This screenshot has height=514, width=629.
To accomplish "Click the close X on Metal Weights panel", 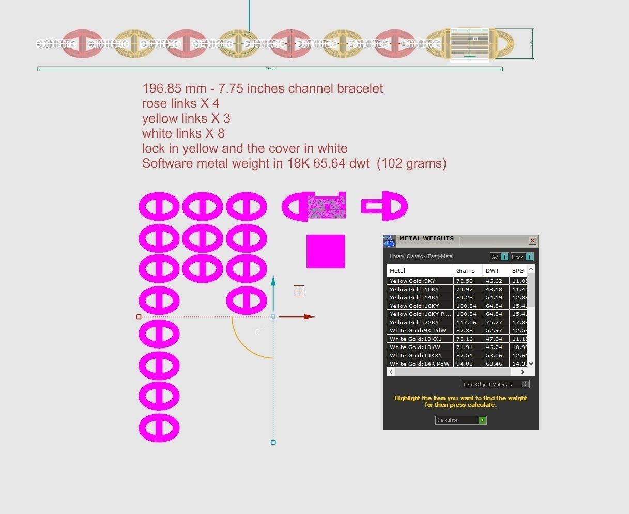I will [x=532, y=241].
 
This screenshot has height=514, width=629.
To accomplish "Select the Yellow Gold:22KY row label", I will [x=414, y=322].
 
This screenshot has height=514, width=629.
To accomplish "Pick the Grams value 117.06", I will [x=465, y=322].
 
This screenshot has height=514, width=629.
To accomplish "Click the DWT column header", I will [x=493, y=270].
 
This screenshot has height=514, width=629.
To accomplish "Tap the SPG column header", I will [x=517, y=270].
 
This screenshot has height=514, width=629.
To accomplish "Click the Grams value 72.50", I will [x=464, y=281].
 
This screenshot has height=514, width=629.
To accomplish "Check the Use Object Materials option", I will [x=526, y=384].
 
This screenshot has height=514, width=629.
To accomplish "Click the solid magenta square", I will [x=326, y=251].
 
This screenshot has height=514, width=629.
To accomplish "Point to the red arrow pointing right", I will [x=309, y=316].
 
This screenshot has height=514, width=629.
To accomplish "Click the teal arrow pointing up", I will [x=273, y=281].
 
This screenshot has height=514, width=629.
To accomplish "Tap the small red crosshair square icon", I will [x=299, y=291].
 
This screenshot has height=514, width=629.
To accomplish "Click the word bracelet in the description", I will [x=360, y=88].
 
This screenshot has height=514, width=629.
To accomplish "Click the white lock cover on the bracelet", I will [x=469, y=44].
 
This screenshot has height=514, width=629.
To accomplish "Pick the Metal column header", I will [x=397, y=270].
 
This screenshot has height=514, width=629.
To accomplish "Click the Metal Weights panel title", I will [x=426, y=239].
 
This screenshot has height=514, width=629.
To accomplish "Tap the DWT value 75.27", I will [x=494, y=322].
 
